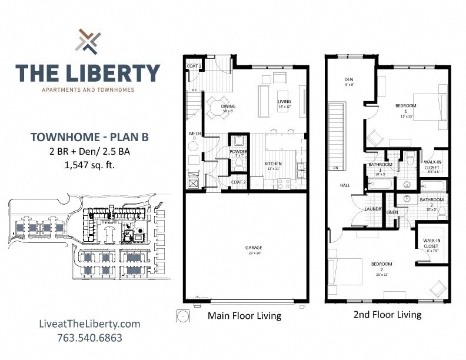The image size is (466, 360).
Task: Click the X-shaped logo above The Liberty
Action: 88,41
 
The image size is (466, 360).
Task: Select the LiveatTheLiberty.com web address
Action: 89,324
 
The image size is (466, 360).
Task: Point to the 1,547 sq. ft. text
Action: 89,165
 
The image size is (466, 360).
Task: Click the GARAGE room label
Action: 254,248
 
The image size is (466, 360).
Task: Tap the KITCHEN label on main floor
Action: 273,164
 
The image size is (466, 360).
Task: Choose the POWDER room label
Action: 238,152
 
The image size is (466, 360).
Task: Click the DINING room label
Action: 228,106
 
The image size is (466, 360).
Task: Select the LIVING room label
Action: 284,101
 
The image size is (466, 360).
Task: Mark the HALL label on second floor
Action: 345,185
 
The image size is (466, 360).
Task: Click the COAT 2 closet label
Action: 238,182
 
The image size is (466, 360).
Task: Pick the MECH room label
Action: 195,134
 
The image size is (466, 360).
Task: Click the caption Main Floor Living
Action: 244,316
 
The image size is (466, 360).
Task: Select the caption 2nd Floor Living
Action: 387,314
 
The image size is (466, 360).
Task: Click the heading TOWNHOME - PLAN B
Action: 89,137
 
